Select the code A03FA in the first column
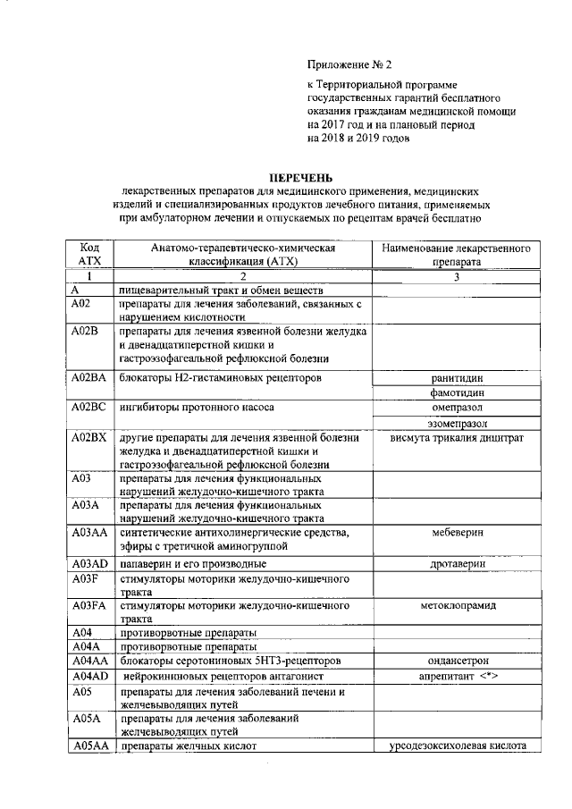click(x=89, y=605)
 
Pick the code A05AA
click(x=90, y=746)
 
